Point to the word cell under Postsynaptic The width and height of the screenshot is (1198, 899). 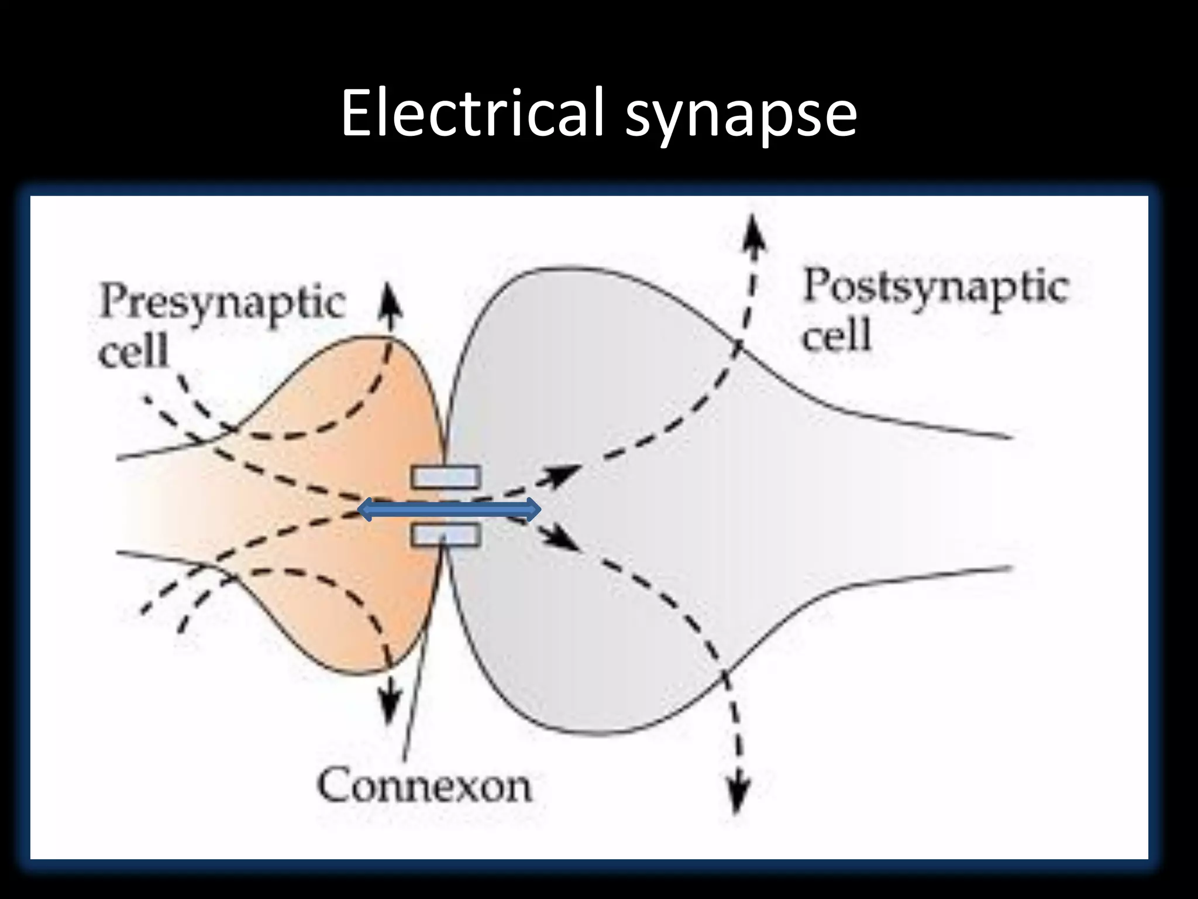click(x=836, y=335)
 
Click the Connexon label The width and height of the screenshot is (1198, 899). click(x=425, y=785)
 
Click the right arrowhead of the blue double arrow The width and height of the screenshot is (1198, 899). click(x=532, y=509)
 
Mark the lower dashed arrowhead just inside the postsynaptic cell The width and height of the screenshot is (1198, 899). click(x=563, y=541)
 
